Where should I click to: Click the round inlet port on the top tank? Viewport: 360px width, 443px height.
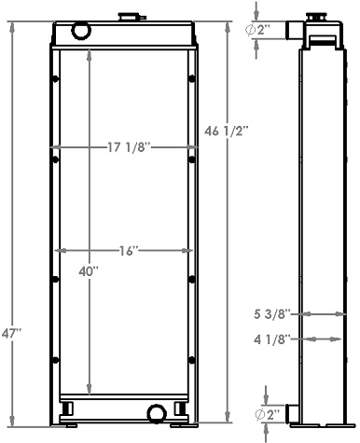80,32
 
